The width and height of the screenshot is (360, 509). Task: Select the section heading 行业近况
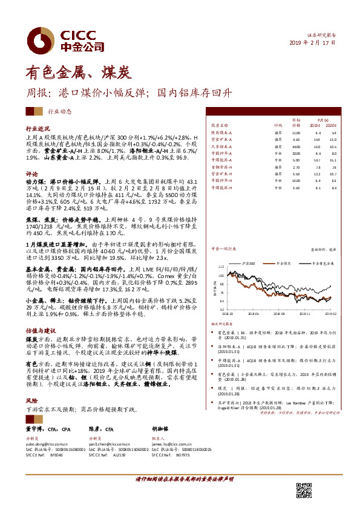pos(37,129)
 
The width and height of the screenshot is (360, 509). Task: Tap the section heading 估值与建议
pos(40,332)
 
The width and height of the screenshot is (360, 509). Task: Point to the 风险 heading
pos(31,400)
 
